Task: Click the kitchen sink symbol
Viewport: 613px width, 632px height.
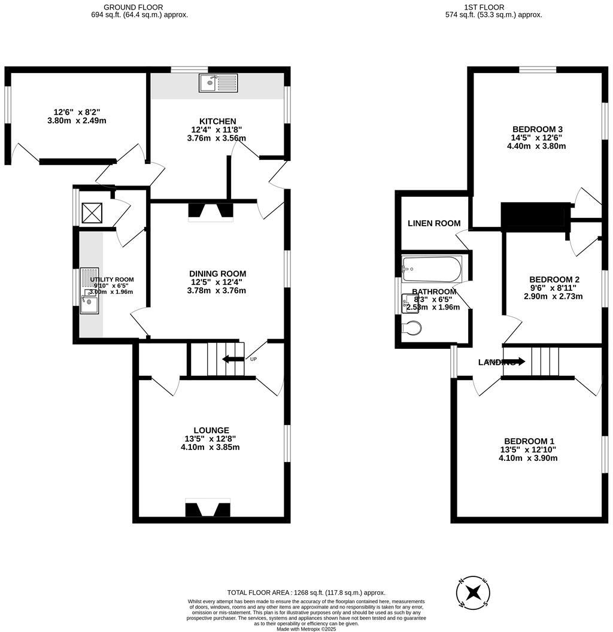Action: (x=219, y=83)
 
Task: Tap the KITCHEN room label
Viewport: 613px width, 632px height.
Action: (x=218, y=121)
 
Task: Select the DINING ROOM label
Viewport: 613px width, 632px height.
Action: (x=218, y=274)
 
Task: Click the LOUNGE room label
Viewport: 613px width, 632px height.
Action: (x=211, y=430)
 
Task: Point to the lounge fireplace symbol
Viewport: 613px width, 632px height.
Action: (x=208, y=509)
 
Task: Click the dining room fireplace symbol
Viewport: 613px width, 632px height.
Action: (x=210, y=210)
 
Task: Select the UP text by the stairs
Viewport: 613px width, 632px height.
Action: (x=253, y=359)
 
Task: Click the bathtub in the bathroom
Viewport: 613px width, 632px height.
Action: (x=432, y=269)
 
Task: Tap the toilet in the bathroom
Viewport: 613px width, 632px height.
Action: (x=411, y=327)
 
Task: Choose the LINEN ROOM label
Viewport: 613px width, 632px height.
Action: (x=434, y=223)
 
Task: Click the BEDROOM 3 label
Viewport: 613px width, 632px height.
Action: (x=537, y=129)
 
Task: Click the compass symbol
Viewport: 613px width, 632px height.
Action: (x=474, y=593)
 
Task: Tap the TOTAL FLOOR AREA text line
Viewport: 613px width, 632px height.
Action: (x=306, y=592)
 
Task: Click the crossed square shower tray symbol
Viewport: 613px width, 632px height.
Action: (x=92, y=213)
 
